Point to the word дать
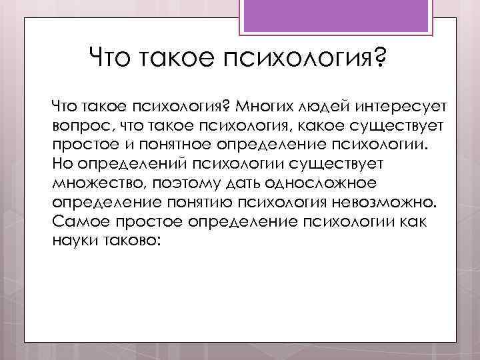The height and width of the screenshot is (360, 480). pos(221,182)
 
